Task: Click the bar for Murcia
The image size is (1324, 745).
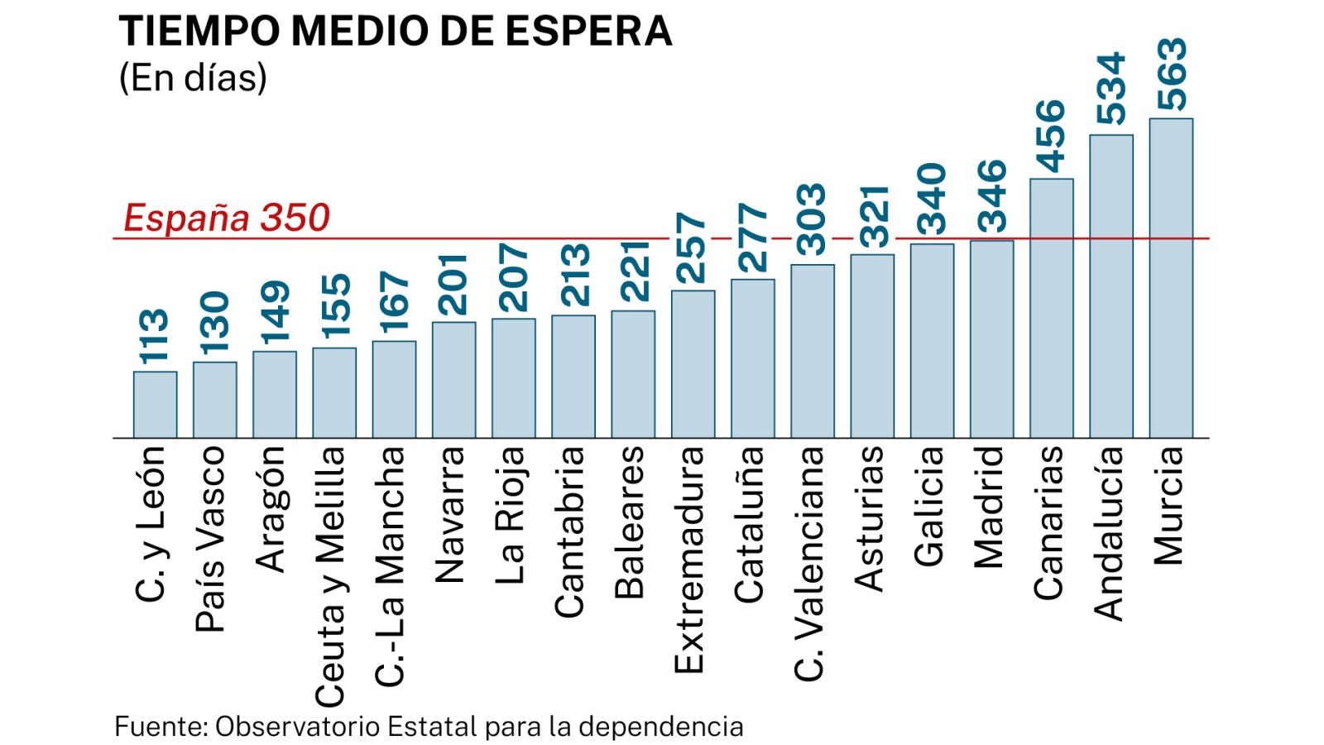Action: coord(1170,278)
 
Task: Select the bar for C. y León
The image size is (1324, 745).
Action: coord(155,405)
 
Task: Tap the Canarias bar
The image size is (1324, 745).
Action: coord(1051,308)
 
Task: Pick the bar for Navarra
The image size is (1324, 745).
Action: coord(453,380)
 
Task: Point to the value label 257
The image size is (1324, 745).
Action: coord(693,248)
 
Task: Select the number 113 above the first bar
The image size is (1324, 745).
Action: coord(155,336)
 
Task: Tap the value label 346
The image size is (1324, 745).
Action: coord(991,196)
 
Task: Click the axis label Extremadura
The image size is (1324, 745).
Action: coord(689,560)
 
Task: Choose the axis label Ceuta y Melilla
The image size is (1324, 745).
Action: coord(331,576)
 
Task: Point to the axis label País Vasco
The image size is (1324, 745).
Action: coord(211,539)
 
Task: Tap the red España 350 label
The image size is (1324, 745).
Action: coord(227,218)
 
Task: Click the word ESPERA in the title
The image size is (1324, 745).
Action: coord(588,31)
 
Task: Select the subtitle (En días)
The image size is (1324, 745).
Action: coord(193,78)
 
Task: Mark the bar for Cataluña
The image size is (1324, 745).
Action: coord(753,358)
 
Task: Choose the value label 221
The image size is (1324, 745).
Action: coord(633,272)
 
